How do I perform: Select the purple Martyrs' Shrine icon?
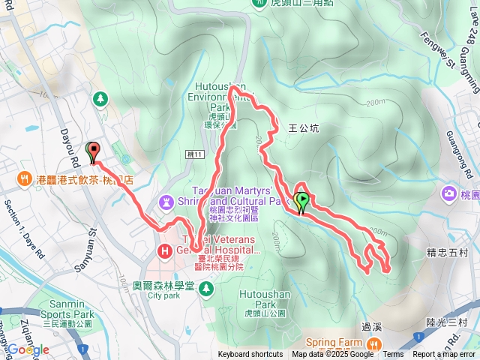166,202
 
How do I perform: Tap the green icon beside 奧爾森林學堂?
207,286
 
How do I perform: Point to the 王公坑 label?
304,128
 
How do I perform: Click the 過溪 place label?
371,326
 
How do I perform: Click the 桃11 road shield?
193,154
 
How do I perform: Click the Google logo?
28,349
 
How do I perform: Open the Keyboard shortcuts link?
250,355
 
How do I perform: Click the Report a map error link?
444,355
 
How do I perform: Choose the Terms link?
393,355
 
